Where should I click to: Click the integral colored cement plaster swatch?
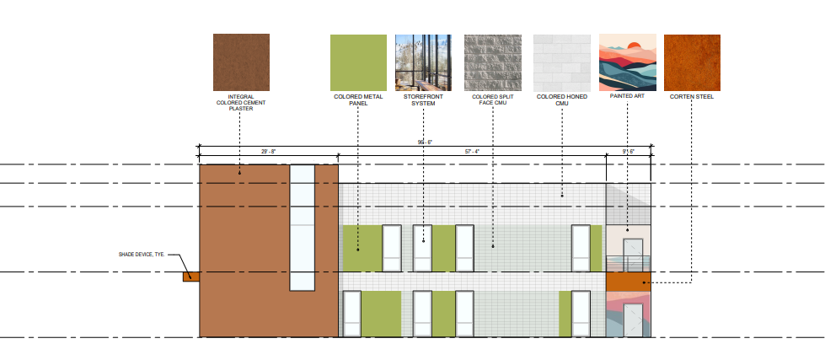[241, 62]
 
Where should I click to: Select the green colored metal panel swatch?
[358, 62]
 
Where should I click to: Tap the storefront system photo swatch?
[423, 62]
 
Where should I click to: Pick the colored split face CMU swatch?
[492, 62]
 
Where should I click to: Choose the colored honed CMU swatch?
[562, 62]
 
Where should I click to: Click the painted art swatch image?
[628, 62]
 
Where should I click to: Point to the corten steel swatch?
[692, 62]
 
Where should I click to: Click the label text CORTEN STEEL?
[692, 97]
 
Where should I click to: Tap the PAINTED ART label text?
[627, 96]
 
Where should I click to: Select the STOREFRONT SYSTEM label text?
[424, 100]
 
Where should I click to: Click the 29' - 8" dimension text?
[268, 152]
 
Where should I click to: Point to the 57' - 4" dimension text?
[472, 152]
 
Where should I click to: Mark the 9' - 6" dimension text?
[628, 152]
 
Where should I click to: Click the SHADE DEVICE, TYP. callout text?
[142, 255]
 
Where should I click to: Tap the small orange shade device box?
[191, 277]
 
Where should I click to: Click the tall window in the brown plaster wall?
[302, 228]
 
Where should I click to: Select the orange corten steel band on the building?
[628, 282]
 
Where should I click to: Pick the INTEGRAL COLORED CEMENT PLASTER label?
[241, 103]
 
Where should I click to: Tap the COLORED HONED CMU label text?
[562, 100]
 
